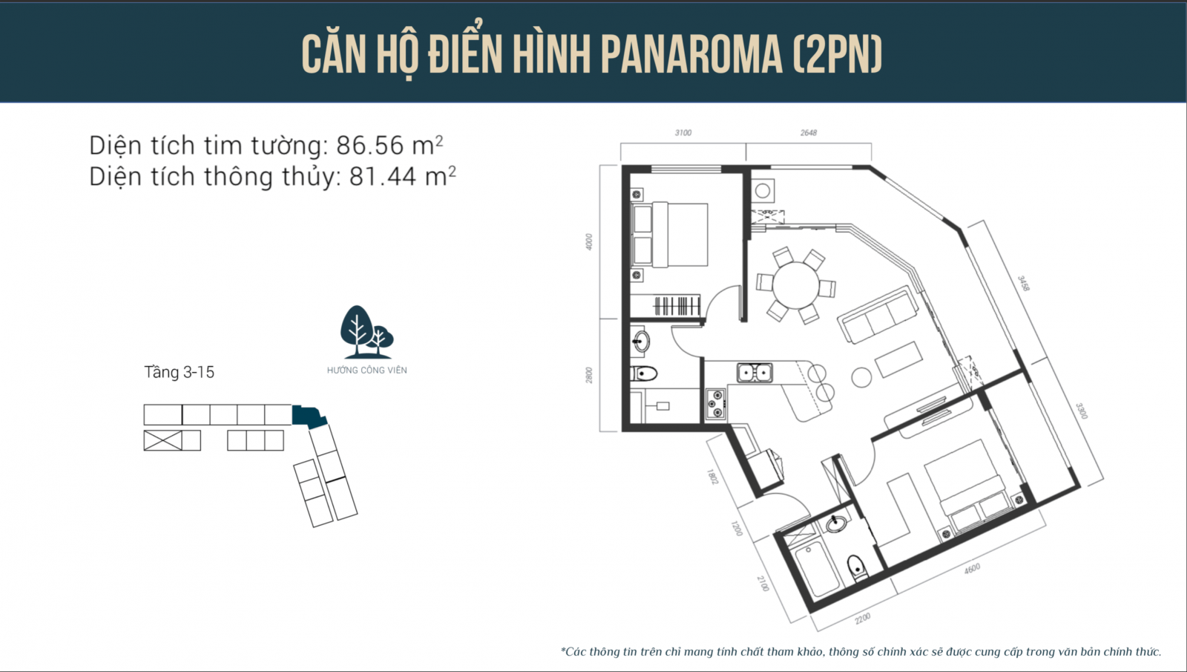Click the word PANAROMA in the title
point(691,55)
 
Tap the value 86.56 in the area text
point(370,146)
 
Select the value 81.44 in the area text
point(383,177)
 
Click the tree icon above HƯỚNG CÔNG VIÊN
point(366,332)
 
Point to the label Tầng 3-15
point(179,372)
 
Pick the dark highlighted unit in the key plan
point(309,417)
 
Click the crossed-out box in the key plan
point(162,441)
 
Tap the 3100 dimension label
point(683,133)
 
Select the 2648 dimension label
point(809,133)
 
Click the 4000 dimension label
point(589,242)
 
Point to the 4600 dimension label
point(972,569)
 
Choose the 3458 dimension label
point(1023,283)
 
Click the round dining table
point(796,285)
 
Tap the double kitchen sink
point(754,372)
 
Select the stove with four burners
point(716,404)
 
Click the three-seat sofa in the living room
point(878,315)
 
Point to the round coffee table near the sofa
point(861,378)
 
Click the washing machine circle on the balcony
point(763,190)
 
